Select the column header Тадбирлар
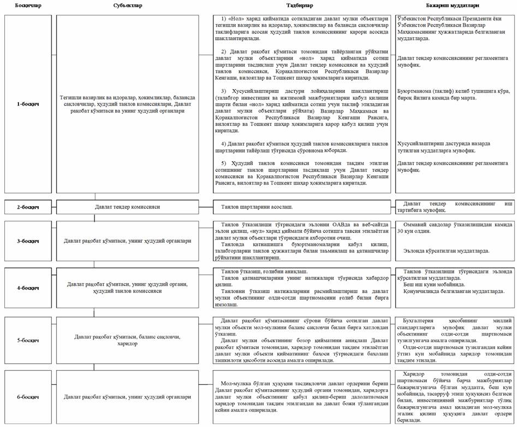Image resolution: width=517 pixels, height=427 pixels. (299, 5)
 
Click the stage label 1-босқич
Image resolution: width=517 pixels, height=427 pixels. (26, 103)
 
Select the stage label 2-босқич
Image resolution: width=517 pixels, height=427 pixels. (26, 208)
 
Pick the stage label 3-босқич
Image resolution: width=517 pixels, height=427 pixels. (26, 241)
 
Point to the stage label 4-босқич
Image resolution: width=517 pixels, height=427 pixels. (26, 287)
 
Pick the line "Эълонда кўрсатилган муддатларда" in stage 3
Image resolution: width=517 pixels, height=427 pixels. (446, 251)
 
